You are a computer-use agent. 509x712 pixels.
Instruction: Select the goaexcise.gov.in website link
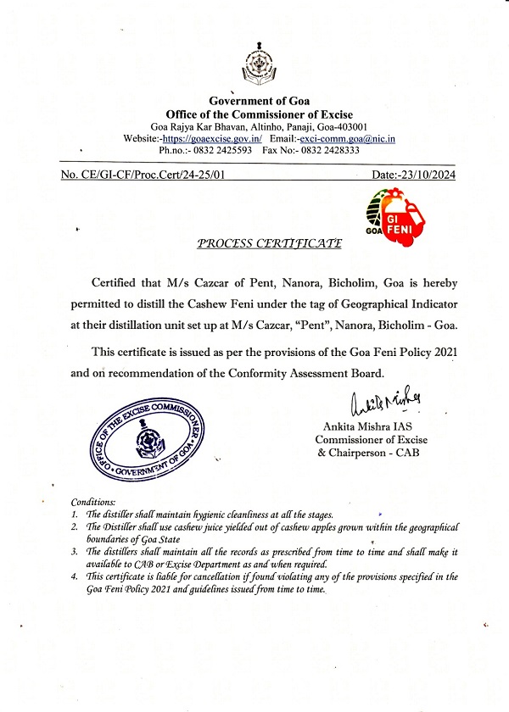[212, 138]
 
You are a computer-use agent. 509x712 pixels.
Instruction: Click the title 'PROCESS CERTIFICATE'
[269, 243]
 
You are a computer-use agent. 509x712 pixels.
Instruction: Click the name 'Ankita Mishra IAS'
[366, 426]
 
